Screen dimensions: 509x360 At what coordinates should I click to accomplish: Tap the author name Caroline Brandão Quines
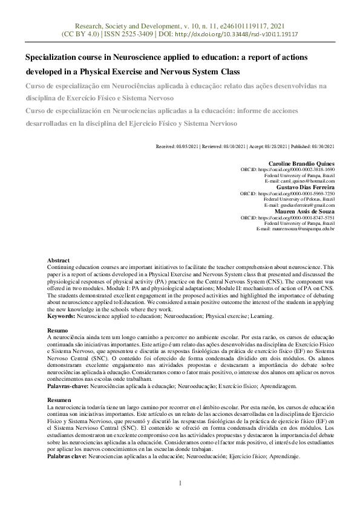pyautogui.click(x=301, y=163)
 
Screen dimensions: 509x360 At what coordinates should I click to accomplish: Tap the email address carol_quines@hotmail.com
pyautogui.click(x=304, y=181)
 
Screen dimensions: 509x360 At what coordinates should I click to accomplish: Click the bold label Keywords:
pyautogui.click(x=62, y=316)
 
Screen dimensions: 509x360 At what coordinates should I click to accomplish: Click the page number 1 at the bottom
pyautogui.click(x=180, y=483)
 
